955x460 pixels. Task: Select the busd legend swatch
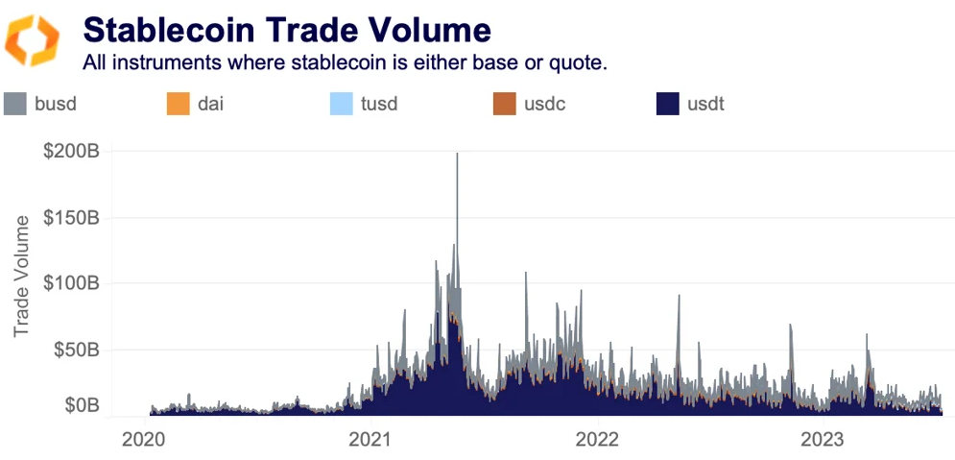(x=14, y=104)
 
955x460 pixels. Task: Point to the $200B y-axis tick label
(x=71, y=152)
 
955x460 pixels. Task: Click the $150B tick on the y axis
(x=71, y=217)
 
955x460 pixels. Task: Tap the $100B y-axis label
(x=71, y=283)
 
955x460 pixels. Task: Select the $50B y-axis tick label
(x=76, y=349)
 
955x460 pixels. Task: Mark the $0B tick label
(x=81, y=405)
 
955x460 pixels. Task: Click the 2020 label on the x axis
(x=146, y=439)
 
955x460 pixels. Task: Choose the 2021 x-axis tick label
(x=370, y=439)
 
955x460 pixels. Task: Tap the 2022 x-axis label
(x=597, y=439)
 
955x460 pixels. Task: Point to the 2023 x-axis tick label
(x=823, y=439)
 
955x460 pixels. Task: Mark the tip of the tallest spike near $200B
(x=457, y=154)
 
